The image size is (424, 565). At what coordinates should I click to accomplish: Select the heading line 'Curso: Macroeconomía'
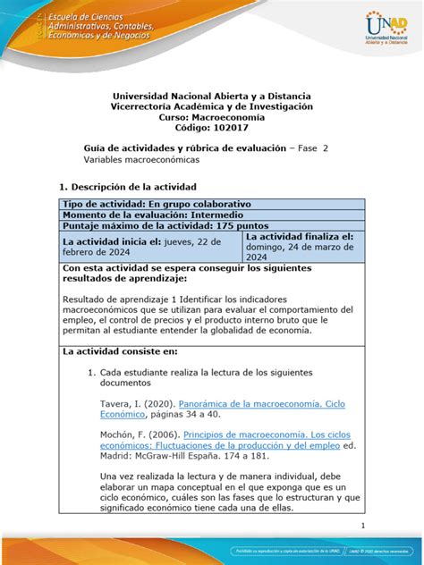(x=211, y=116)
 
